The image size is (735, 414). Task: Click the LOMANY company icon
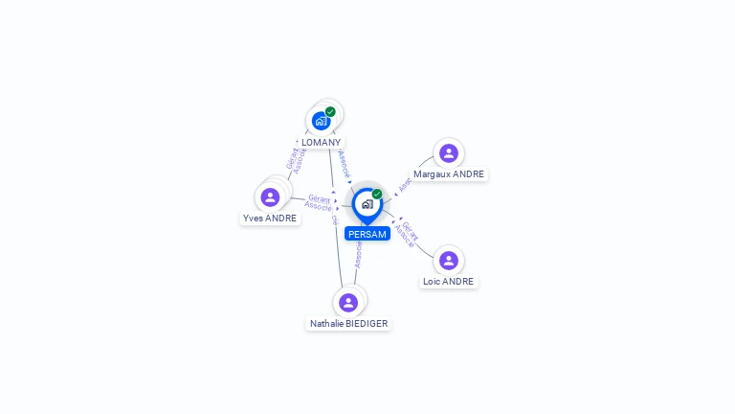coord(321,121)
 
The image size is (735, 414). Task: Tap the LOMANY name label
coord(321,143)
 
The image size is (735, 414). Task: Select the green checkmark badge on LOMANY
coord(330,112)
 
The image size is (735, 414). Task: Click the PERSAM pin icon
coord(367,204)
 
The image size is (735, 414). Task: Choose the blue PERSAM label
coord(367,234)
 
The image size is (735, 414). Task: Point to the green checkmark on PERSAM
coord(377,195)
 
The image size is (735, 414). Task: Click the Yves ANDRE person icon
coord(270,197)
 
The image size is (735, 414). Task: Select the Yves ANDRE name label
coord(270,218)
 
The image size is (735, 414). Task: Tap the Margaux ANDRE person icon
coord(449,153)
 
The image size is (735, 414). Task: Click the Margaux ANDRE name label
coord(449,174)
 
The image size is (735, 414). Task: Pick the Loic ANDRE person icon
coord(449,261)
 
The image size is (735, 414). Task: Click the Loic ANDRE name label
coord(449,282)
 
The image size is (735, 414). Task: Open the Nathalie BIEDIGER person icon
coord(348,303)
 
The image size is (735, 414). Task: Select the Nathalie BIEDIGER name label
coord(349,324)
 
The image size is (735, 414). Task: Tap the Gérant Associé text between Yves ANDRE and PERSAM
coord(319,202)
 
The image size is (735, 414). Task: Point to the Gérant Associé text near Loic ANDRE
coord(408,235)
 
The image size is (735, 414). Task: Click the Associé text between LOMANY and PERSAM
coord(345,163)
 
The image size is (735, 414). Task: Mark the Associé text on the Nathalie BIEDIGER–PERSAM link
coord(358,255)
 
